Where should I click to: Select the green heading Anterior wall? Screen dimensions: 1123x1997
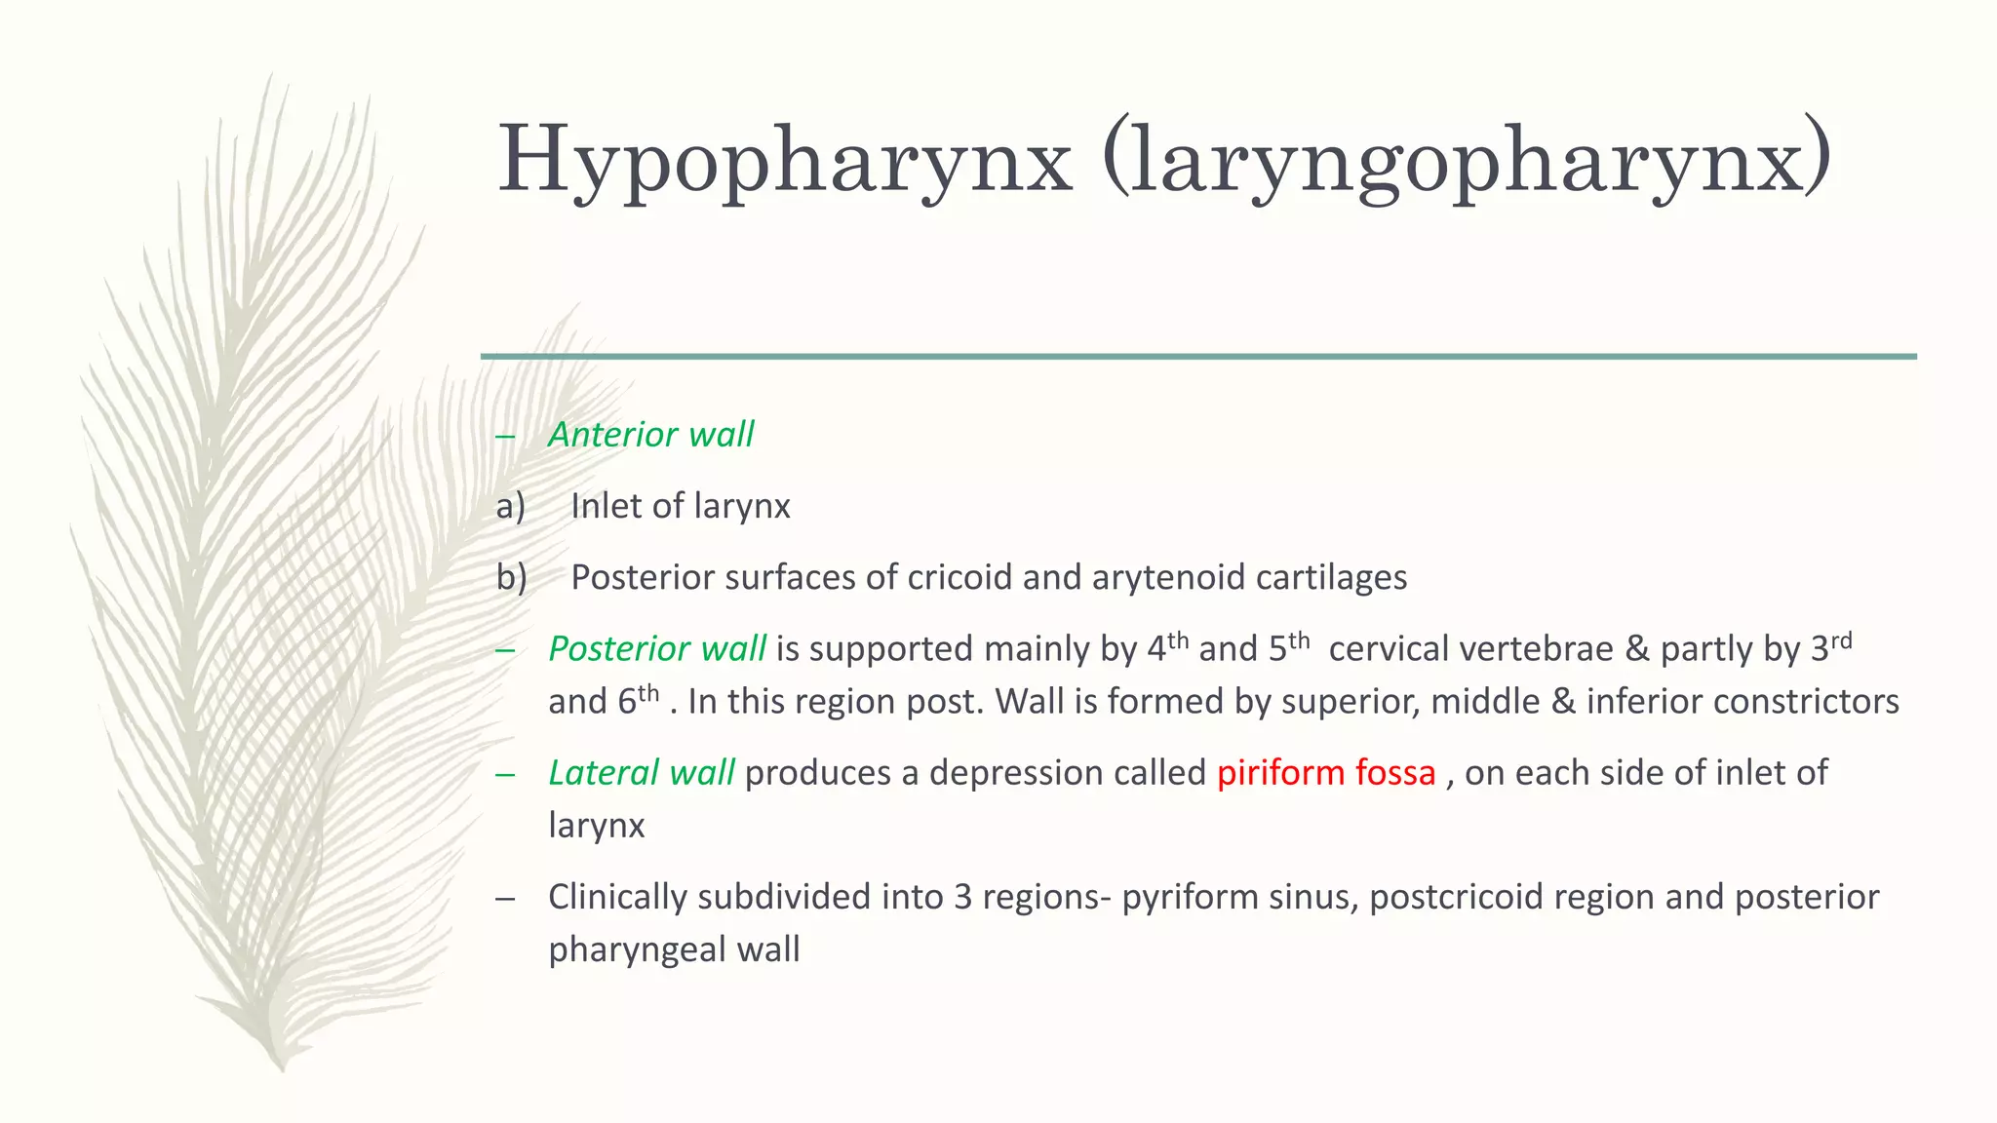650,435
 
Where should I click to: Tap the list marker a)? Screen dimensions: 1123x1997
511,506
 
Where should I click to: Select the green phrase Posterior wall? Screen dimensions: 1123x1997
656,649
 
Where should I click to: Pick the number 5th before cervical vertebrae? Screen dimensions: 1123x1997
1288,647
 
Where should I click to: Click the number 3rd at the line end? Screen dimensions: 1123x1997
1830,647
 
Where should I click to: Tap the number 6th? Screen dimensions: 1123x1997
639,700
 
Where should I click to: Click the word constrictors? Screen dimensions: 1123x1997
1806,702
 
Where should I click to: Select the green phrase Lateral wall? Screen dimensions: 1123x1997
641,773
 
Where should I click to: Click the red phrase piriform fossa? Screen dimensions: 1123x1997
1326,773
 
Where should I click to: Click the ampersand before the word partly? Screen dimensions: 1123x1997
1636,649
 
